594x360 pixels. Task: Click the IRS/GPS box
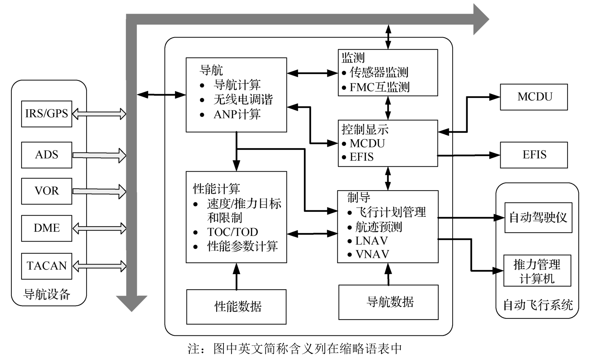pyautogui.click(x=47, y=113)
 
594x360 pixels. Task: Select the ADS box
pyautogui.click(x=47, y=155)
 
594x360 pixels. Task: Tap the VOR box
pyautogui.click(x=47, y=191)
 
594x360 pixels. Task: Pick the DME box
pyautogui.click(x=47, y=228)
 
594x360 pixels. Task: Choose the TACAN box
pyautogui.click(x=47, y=266)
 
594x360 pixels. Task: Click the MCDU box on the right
pyautogui.click(x=534, y=97)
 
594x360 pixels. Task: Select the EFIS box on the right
pyautogui.click(x=534, y=155)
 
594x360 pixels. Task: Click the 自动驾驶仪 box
pyautogui.click(x=538, y=217)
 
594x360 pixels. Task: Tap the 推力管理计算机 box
pyautogui.click(x=537, y=271)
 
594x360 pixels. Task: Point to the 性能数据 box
pyautogui.click(x=236, y=307)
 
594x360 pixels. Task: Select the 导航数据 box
pyautogui.click(x=388, y=302)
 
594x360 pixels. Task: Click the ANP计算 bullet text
pyautogui.click(x=237, y=114)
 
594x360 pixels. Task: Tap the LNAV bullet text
pyautogui.click(x=371, y=241)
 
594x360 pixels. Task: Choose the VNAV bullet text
pyautogui.click(x=372, y=254)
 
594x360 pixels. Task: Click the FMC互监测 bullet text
pyautogui.click(x=379, y=87)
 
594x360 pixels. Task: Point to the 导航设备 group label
pyautogui.click(x=47, y=294)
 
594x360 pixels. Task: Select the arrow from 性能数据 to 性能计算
pyautogui.click(x=237, y=276)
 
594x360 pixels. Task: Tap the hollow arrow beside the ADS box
pyautogui.click(x=99, y=155)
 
